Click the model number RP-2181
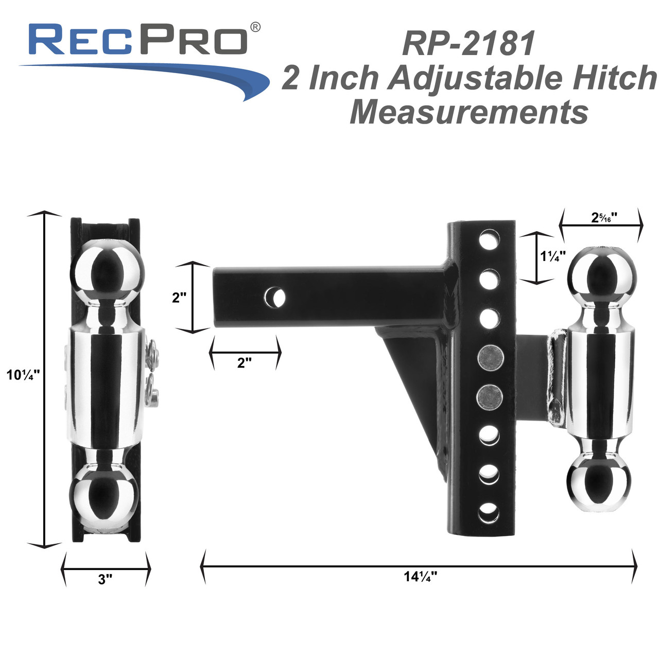[469, 43]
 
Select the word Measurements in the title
[469, 112]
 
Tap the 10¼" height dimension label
[23, 374]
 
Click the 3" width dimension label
[105, 579]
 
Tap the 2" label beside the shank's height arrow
[179, 298]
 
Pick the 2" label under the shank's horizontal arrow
[244, 362]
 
